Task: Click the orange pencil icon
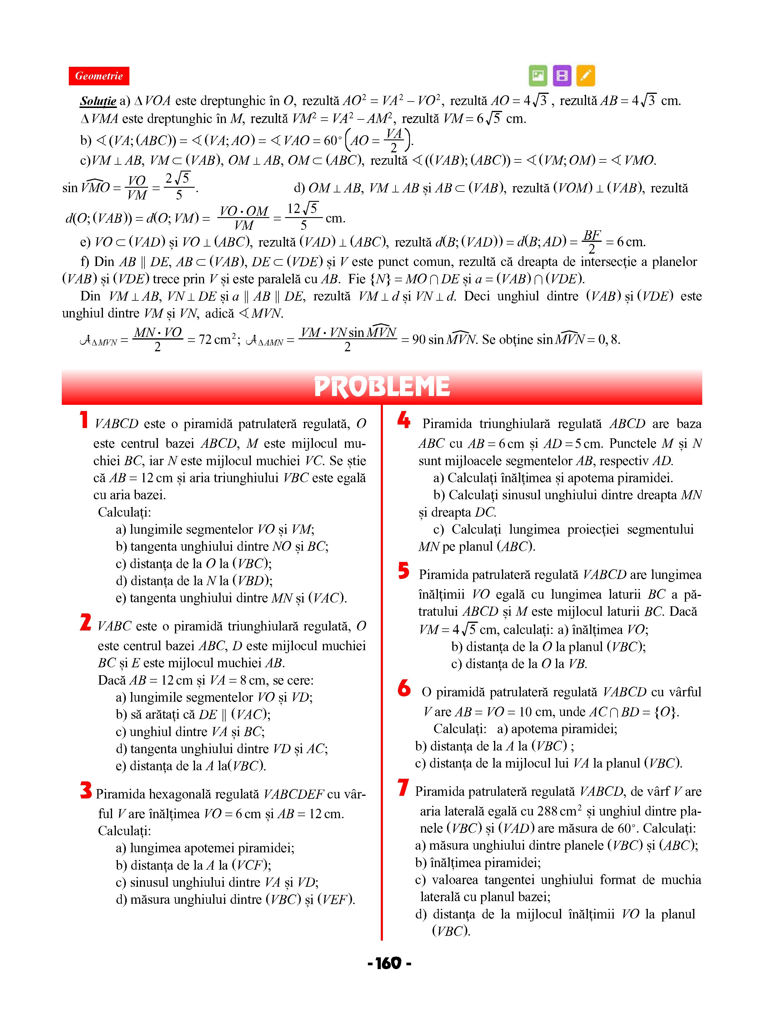pyautogui.click(x=585, y=75)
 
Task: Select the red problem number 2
pyautogui.click(x=86, y=622)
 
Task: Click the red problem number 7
pyautogui.click(x=403, y=787)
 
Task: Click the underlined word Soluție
pyautogui.click(x=98, y=101)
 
